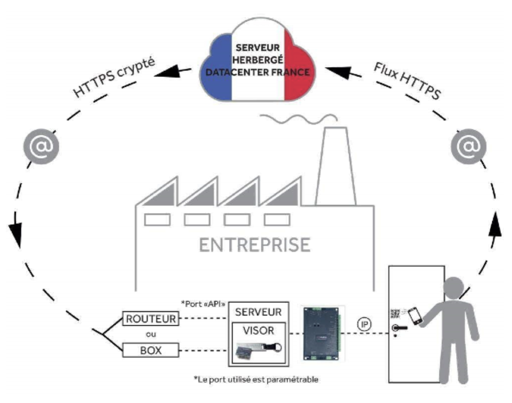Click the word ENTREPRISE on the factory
[x=255, y=244]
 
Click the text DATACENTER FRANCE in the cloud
[x=257, y=72]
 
